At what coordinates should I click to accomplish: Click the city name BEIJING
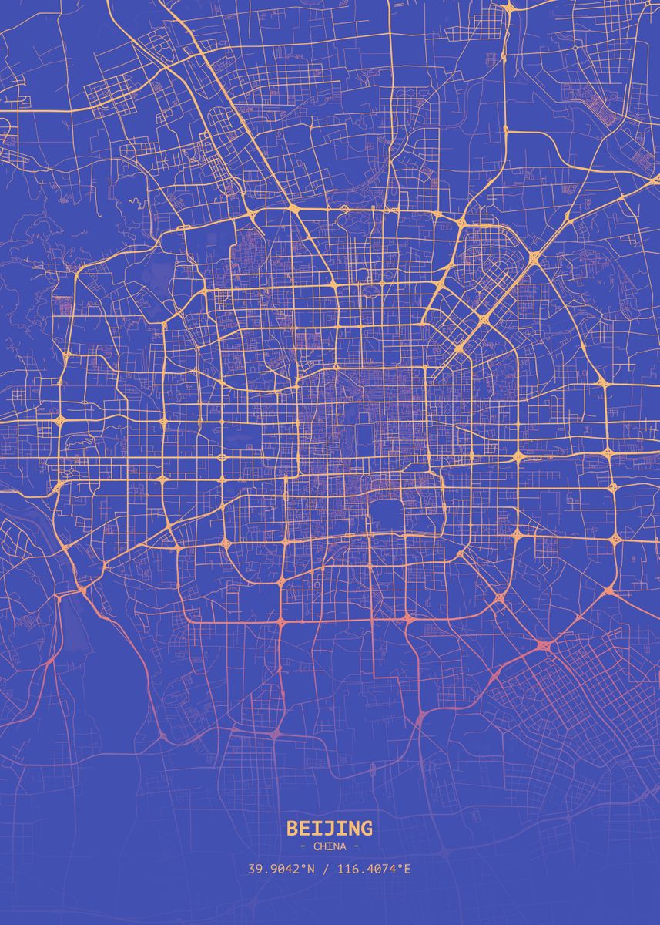[330, 829]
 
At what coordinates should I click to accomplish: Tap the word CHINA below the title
[330, 846]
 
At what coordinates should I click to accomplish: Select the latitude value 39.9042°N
[281, 869]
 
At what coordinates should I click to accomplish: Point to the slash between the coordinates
[326, 869]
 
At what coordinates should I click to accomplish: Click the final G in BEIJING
[366, 829]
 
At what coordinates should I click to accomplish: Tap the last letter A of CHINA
[343, 846]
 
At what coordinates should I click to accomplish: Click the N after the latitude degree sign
[312, 869]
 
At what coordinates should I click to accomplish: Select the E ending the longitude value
[407, 869]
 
